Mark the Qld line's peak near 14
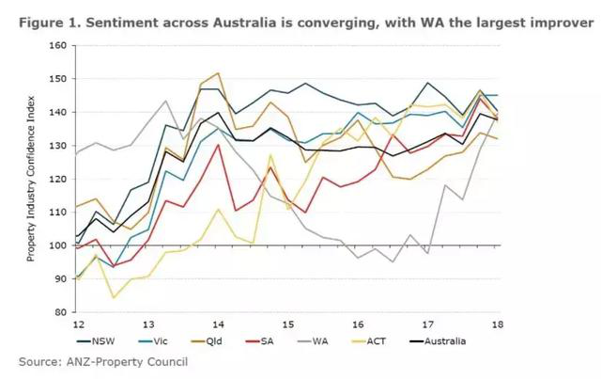tap(218, 72)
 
